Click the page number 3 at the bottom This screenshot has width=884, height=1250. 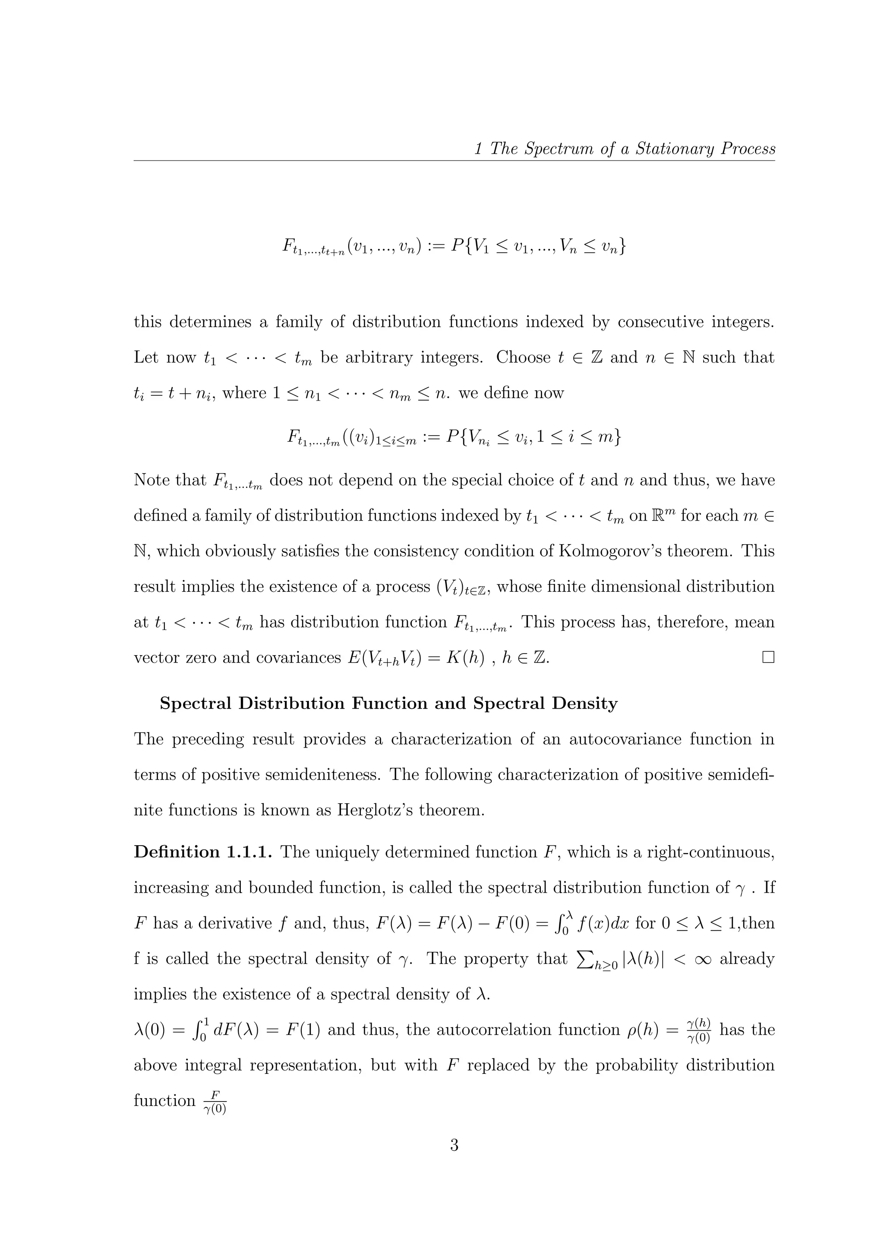[454, 1145]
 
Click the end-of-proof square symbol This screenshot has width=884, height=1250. [768, 658]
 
